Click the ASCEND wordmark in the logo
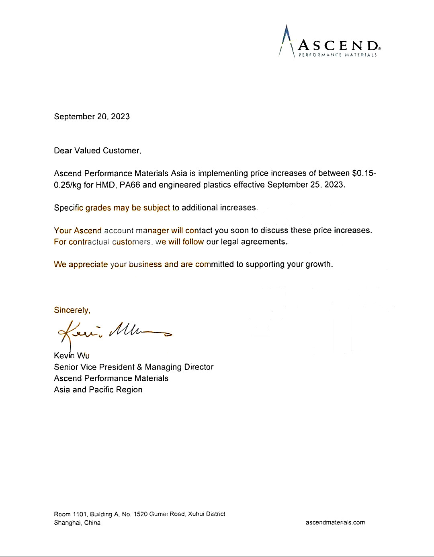(338, 45)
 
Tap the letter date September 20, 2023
(92, 116)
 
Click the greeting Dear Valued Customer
(97, 151)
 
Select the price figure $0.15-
(364, 173)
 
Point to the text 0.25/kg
(68, 185)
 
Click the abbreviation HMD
(105, 185)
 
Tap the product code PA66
(130, 185)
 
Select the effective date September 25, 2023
(306, 185)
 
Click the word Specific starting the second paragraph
(68, 208)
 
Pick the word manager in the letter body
(152, 231)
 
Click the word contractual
(89, 242)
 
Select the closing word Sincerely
(72, 310)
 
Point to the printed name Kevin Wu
(72, 355)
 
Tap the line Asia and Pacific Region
(98, 390)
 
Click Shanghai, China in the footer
(77, 522)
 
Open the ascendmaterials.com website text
(335, 522)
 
